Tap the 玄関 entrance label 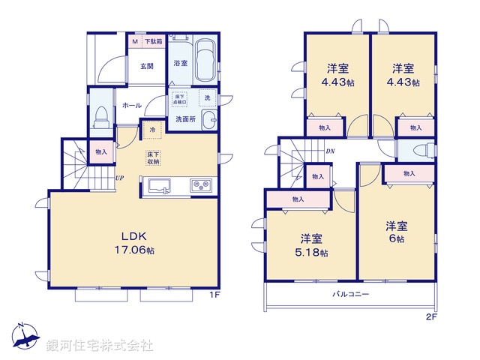(145, 66)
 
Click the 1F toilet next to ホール (100, 116)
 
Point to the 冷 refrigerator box (152, 130)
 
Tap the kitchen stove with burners (200, 186)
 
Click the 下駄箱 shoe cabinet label (153, 41)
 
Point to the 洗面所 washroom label (185, 118)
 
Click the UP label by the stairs (119, 178)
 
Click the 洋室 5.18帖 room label (312, 245)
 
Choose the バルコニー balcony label (351, 295)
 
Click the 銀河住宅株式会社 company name (99, 346)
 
